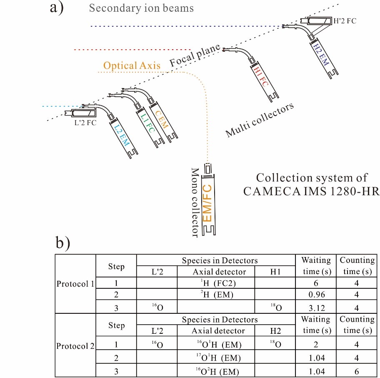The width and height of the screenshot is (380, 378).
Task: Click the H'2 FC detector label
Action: click(x=345, y=20)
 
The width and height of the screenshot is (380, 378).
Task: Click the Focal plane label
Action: click(x=194, y=56)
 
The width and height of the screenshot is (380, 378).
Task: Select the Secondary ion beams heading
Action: click(x=142, y=8)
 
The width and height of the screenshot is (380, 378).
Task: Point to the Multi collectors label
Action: click(x=260, y=120)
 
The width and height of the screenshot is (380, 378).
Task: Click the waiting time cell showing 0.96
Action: click(x=316, y=295)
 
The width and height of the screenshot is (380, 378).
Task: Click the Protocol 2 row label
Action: click(x=75, y=346)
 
